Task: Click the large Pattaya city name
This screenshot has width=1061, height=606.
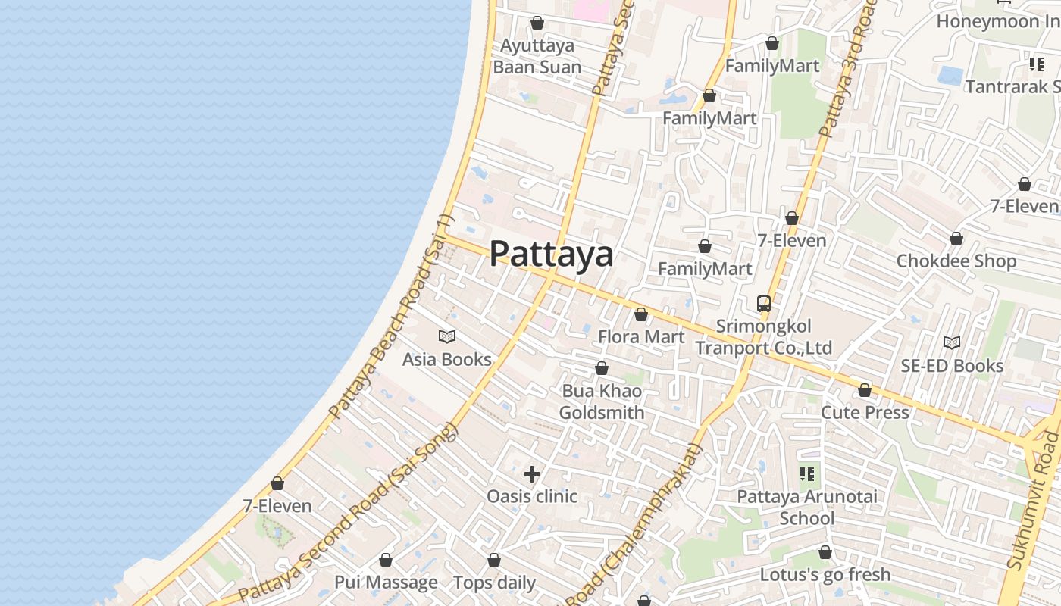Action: point(551,254)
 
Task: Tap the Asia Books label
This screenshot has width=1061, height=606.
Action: point(446,359)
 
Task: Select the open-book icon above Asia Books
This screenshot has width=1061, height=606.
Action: point(447,336)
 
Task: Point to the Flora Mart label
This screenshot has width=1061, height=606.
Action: point(641,336)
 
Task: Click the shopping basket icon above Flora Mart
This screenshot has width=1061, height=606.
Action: point(641,314)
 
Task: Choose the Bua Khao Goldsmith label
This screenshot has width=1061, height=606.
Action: point(602,401)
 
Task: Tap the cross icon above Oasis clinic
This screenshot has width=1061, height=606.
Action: point(532,474)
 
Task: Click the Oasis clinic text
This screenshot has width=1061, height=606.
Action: point(532,496)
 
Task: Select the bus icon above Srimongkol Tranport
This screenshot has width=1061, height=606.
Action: point(764,304)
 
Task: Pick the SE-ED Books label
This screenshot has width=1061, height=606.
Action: point(952,366)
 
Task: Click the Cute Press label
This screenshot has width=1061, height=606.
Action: point(865,413)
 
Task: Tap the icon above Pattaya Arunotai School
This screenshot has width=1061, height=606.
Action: point(807,474)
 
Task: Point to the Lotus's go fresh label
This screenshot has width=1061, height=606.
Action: point(825,574)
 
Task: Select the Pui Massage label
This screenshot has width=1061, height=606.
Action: point(386,583)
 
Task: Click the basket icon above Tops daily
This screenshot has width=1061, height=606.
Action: point(494,561)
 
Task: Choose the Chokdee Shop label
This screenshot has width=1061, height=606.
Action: point(956,261)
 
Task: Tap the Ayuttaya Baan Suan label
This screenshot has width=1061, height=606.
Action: point(537,56)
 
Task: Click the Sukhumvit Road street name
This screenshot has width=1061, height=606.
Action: point(1034,501)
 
